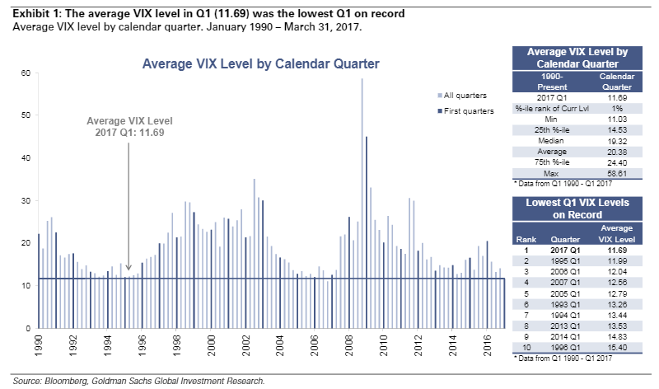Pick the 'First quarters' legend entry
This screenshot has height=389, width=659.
pyautogui.click(x=466, y=110)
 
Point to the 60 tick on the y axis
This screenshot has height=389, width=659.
pyautogui.click(x=26, y=73)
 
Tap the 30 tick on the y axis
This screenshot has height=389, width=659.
pyautogui.click(x=26, y=201)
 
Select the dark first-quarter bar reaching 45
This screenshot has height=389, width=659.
pyautogui.click(x=367, y=231)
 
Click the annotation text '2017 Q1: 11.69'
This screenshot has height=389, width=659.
pyautogui.click(x=129, y=132)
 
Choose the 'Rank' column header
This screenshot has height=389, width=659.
pyautogui.click(x=524, y=239)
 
